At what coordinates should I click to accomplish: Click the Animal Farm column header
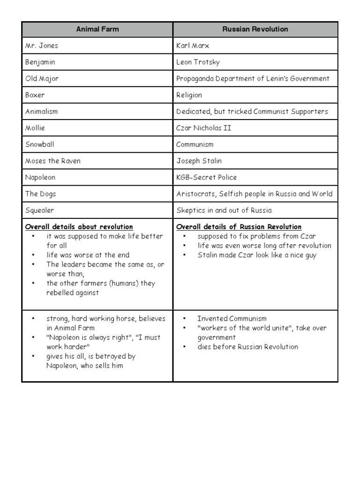97,29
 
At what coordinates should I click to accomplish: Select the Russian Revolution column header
255,29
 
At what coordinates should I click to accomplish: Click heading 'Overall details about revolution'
79,227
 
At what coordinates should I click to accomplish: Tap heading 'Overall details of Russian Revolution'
239,227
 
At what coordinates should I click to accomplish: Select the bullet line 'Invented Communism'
232,319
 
